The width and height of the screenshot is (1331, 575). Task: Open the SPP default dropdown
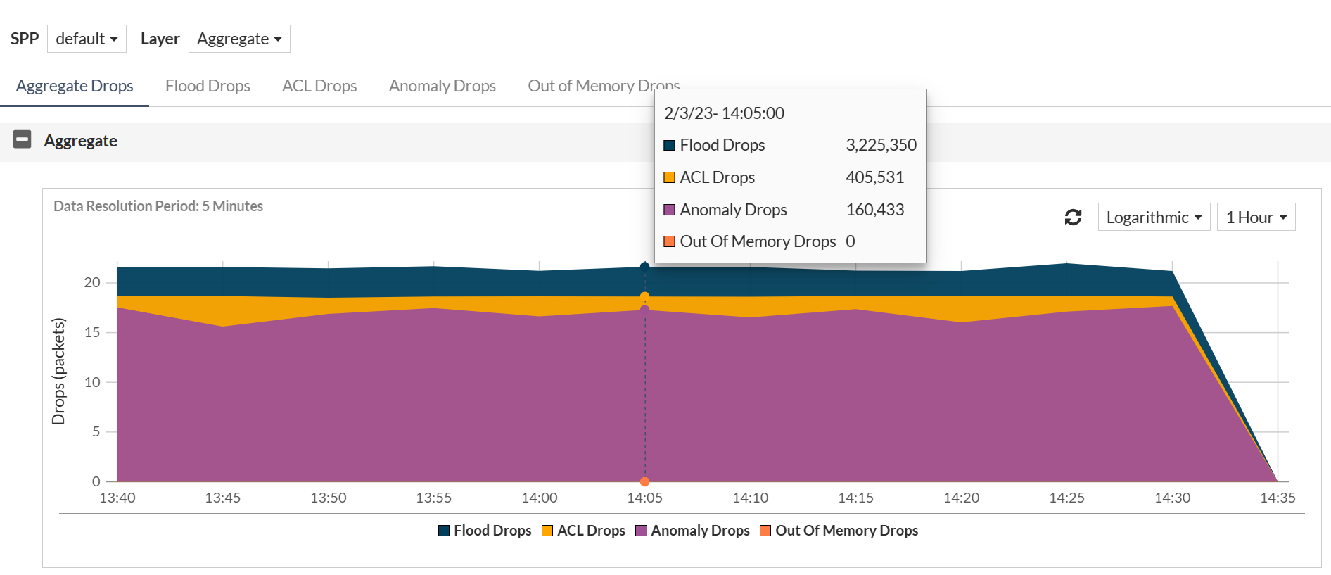[87, 39]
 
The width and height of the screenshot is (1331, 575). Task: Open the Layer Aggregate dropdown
[239, 39]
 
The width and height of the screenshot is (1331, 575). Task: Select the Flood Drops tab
[208, 86]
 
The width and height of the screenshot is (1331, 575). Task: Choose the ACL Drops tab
[319, 86]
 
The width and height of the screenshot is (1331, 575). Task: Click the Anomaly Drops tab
[442, 86]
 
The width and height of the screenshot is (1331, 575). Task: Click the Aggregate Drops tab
[75, 86]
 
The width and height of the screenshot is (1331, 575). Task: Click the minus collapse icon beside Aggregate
[23, 139]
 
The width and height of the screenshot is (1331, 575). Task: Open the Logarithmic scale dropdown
[1154, 217]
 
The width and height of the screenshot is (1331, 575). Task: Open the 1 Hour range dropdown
[1256, 217]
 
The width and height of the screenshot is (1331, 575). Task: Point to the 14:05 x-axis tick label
[644, 498]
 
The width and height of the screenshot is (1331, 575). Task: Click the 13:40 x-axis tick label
[117, 498]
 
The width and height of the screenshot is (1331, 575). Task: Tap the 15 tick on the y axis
[92, 332]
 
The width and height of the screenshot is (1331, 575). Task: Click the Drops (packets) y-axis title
[58, 372]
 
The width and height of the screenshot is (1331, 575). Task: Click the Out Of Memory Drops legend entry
[839, 531]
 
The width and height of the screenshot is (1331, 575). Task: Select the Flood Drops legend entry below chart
[485, 531]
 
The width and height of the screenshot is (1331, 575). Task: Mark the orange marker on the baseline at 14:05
[644, 481]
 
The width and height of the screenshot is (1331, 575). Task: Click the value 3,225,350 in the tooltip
[881, 145]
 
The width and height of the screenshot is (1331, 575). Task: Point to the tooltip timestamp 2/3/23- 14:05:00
[724, 113]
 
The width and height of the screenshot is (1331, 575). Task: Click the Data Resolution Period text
[158, 206]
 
